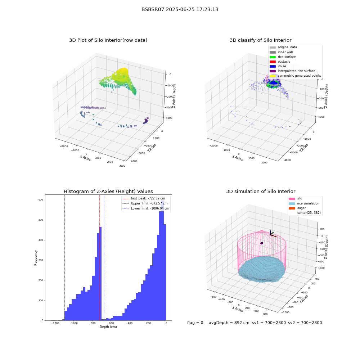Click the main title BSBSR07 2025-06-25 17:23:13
180,9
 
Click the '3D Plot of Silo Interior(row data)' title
108,40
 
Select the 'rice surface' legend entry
283,57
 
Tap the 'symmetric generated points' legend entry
295,76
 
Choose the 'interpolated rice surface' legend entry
292,71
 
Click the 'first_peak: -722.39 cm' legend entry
144,198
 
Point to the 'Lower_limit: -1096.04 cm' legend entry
146,208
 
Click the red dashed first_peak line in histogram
99,257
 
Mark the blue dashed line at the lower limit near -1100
64,257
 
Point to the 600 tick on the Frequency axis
41,200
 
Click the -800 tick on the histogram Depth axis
92,323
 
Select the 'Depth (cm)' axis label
108,327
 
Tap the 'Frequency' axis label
36,258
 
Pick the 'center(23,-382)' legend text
309,213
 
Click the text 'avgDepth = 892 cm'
229,323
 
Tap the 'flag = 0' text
195,323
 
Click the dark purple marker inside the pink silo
262,243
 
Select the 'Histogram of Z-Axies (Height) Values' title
108,192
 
